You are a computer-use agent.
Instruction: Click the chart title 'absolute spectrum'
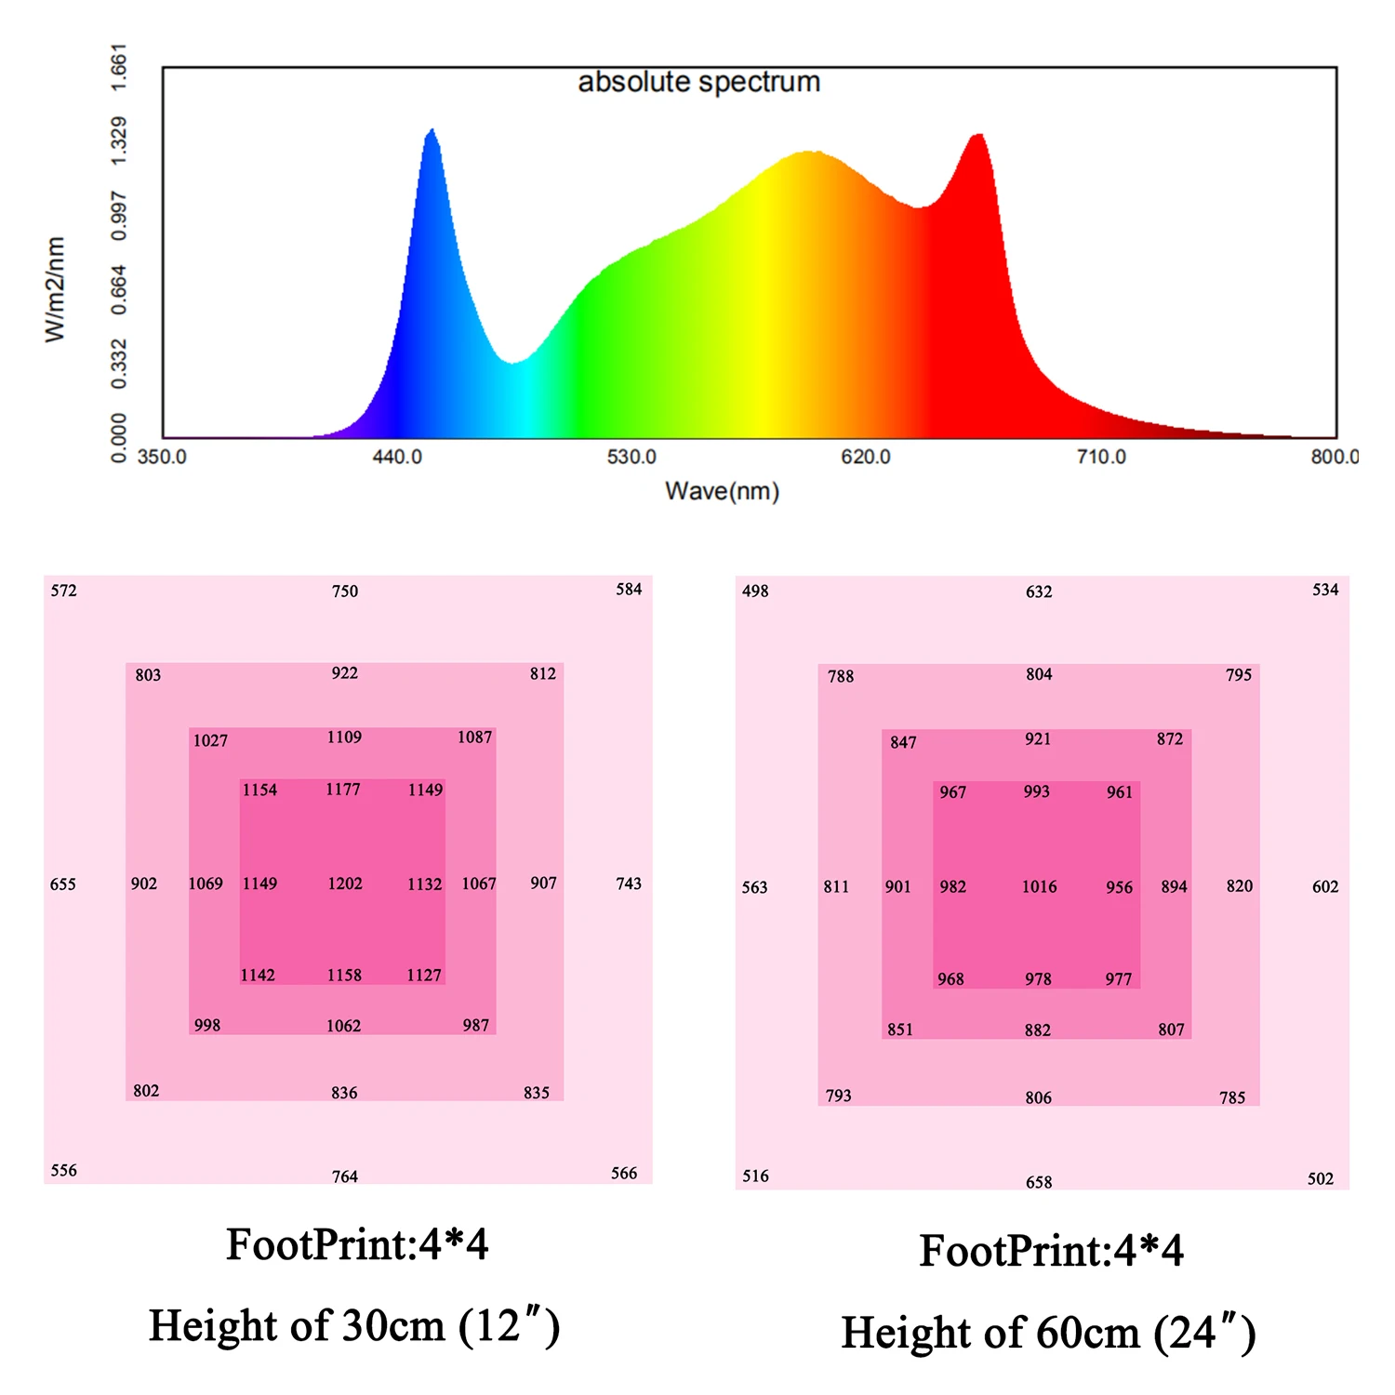click(x=698, y=82)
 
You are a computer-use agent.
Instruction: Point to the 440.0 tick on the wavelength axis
click(x=397, y=457)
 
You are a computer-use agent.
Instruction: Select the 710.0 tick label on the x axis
click(x=1101, y=457)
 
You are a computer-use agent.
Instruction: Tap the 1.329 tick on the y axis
click(x=119, y=141)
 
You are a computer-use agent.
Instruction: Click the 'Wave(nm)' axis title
click(x=722, y=491)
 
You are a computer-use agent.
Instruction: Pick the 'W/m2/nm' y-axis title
click(x=56, y=289)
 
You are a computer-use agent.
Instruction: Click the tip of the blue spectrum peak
click(x=432, y=131)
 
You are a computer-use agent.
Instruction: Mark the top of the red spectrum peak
click(x=977, y=136)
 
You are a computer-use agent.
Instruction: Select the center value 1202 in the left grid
click(x=345, y=883)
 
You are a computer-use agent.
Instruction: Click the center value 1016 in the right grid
click(x=1039, y=886)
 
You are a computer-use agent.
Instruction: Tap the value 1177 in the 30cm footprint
click(x=343, y=790)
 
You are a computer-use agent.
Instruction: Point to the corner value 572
click(x=64, y=591)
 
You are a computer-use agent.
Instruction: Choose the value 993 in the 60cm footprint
click(x=1036, y=791)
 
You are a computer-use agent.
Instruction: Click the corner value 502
click(x=1321, y=1178)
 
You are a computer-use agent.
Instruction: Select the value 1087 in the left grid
click(x=474, y=737)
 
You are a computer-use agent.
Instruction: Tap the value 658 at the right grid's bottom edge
click(x=1039, y=1182)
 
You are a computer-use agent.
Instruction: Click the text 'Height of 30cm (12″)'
click(x=354, y=1326)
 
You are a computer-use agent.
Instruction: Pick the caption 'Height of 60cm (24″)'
click(x=1048, y=1333)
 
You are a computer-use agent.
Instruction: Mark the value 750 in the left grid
click(x=345, y=591)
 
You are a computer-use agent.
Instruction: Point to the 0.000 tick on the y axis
click(x=119, y=438)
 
